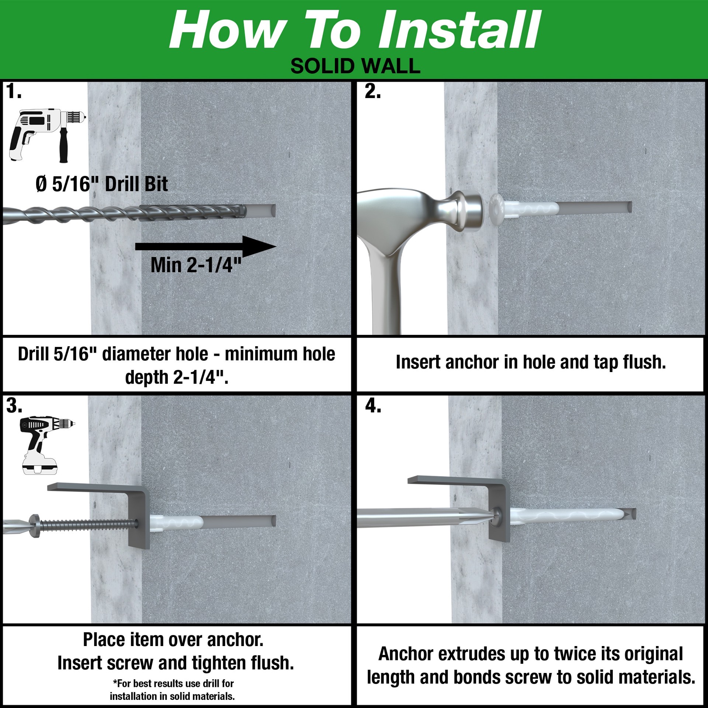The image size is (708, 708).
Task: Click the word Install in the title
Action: (x=459, y=30)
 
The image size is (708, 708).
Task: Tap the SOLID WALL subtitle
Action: (x=355, y=66)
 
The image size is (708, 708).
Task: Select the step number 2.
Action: (x=372, y=91)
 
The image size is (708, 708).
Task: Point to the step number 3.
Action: (x=14, y=406)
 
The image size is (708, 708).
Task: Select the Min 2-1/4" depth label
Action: (x=196, y=265)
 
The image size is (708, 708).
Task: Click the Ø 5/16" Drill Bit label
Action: (x=102, y=184)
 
